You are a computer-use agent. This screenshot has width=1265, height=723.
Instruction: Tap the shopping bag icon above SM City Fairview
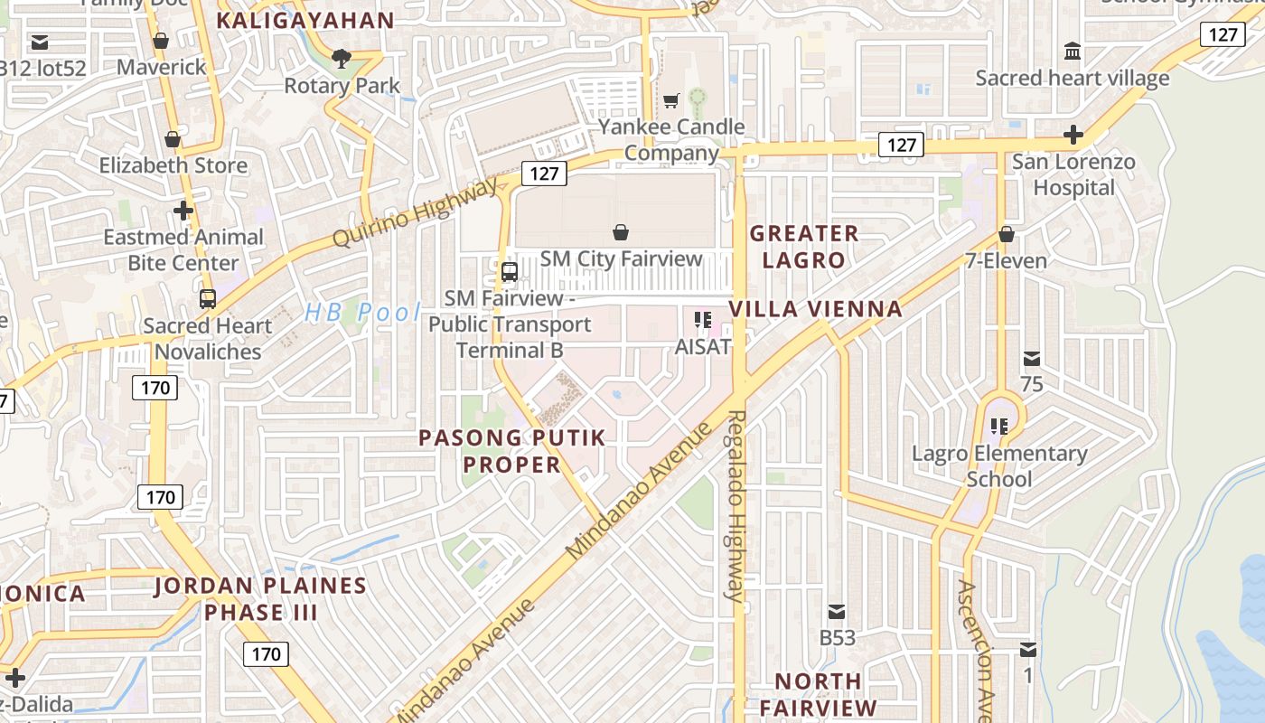point(621,232)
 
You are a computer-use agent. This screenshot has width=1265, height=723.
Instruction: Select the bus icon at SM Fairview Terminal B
point(510,271)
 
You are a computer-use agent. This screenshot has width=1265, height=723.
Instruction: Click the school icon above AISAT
point(703,320)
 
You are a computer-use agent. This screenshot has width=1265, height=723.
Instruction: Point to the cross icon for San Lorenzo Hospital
point(1073,136)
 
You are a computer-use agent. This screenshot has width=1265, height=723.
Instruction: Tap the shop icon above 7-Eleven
point(1006,235)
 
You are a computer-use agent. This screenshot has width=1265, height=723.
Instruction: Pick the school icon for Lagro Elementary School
point(999,426)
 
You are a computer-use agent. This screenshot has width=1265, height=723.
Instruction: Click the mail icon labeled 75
point(1032,359)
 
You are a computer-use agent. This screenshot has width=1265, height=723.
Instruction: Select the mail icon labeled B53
point(837,612)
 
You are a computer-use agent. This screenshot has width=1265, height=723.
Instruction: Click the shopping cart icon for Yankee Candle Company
point(671,100)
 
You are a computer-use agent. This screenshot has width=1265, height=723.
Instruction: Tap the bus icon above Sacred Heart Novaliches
point(208,298)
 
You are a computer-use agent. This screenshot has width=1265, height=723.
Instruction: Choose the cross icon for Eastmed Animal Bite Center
point(183,211)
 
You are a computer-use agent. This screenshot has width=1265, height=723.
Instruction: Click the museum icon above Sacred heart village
point(1073,52)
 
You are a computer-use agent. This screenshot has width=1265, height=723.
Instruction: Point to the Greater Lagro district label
point(804,247)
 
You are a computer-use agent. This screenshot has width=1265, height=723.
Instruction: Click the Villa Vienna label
point(816,308)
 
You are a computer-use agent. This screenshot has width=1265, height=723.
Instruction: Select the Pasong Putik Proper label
point(511,451)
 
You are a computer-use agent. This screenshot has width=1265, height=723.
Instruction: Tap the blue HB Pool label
point(362,313)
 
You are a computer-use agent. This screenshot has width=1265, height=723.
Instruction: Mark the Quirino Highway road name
point(415,213)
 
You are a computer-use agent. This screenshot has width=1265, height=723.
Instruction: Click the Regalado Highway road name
point(737,506)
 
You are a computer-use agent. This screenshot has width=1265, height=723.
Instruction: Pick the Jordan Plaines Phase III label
point(260,598)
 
